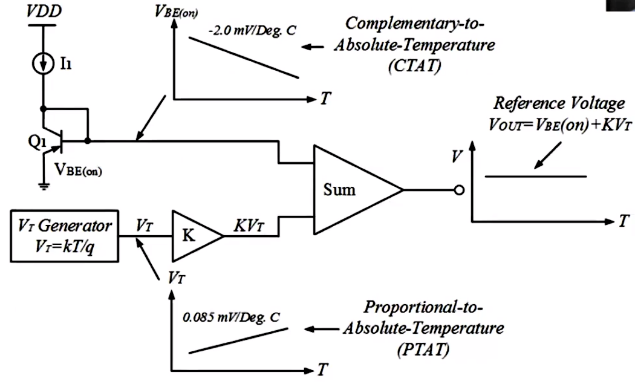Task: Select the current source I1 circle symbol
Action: (43, 63)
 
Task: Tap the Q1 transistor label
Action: (37, 141)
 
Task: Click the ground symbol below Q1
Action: (44, 186)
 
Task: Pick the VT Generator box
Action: (64, 236)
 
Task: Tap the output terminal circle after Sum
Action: (459, 190)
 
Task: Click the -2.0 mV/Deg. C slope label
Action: (252, 30)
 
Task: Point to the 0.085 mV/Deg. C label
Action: (231, 317)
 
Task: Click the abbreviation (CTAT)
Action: (414, 65)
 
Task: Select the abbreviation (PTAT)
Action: (423, 349)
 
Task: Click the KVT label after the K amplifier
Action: (249, 226)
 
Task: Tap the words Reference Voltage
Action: (559, 103)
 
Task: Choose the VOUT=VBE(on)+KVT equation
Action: (559, 125)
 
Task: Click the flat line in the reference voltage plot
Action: (536, 176)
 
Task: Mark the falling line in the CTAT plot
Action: (244, 57)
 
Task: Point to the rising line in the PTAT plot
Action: (238, 340)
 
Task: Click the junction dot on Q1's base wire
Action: (88, 141)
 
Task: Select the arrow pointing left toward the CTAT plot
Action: (313, 47)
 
